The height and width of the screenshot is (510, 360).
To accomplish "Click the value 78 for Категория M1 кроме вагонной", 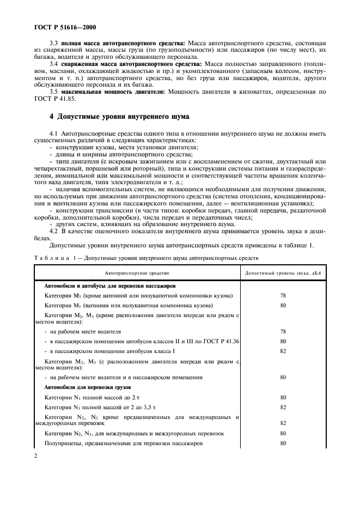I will [283, 295].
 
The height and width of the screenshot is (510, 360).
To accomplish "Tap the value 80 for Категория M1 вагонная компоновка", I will [283, 305].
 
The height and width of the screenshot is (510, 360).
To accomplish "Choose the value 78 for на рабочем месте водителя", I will [283, 331].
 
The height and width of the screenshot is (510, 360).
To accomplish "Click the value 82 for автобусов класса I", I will [283, 351].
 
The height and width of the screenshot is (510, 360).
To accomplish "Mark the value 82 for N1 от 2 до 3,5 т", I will [283, 407].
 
